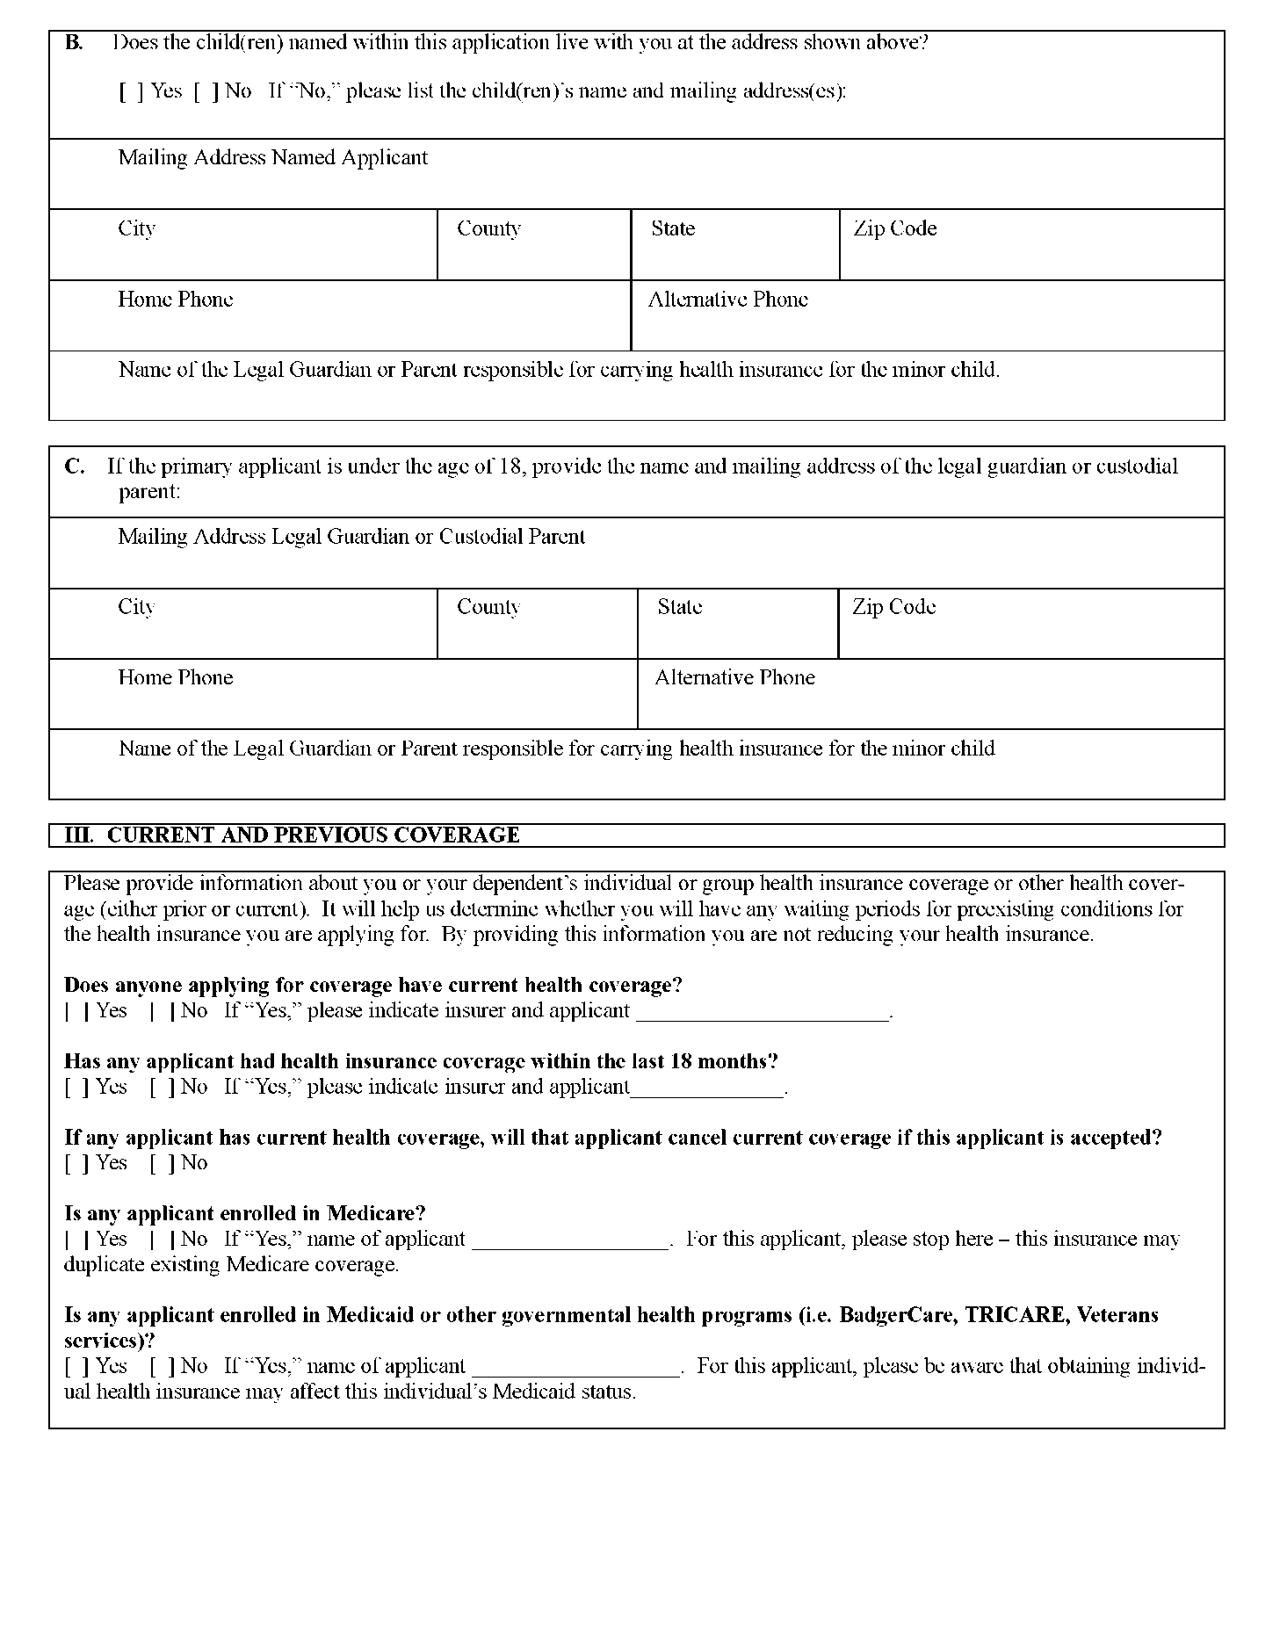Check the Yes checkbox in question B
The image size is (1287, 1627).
coord(130,91)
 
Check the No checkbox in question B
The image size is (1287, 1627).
coord(205,91)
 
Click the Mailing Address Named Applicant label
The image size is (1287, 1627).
coord(272,158)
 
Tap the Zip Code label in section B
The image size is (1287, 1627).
coord(894,228)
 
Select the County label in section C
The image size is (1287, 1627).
coord(488,607)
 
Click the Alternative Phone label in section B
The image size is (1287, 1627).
coord(727,300)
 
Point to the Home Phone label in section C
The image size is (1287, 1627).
coord(176,677)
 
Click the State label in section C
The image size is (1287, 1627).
coord(679,607)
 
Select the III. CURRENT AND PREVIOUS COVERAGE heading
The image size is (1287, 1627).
coord(292,835)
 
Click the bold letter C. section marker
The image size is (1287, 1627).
coord(75,466)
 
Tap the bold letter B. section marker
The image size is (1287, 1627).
coord(74,43)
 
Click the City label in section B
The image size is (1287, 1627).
coord(136,228)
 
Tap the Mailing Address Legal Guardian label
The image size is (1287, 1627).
coord(351,537)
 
